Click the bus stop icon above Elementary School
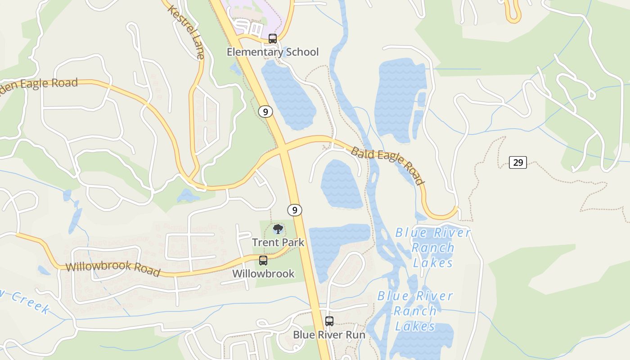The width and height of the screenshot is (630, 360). tap(273, 39)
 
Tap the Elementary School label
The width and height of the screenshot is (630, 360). tap(272, 52)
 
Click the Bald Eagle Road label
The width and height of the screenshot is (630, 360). tap(387, 165)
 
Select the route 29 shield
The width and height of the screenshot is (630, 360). tap(518, 162)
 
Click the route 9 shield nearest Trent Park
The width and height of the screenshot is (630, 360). tap(294, 210)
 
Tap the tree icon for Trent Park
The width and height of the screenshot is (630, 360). tap(278, 229)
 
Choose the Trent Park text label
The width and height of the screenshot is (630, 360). tap(278, 243)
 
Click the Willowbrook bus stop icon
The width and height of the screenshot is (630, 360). tap(263, 261)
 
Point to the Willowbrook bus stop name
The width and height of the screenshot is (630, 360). tap(263, 274)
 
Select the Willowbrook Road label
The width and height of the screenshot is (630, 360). tap(112, 269)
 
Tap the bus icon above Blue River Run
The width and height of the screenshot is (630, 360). tap(329, 321)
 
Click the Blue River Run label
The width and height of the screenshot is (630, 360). tap(329, 335)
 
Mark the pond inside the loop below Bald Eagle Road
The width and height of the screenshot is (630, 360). tap(341, 184)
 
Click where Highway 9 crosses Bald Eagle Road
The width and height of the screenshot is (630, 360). tap(283, 146)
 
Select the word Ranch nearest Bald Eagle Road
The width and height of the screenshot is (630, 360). tap(433, 247)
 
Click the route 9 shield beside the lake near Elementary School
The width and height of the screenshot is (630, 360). tap(265, 112)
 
